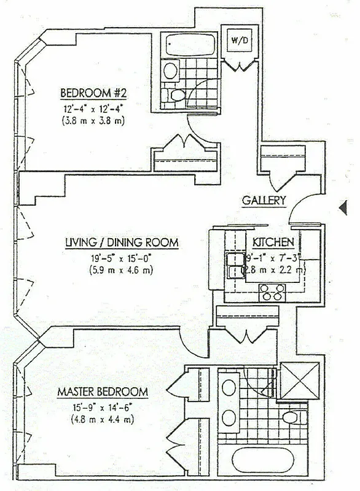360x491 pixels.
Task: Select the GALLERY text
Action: (264, 200)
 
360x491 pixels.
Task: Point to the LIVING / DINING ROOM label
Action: (122, 243)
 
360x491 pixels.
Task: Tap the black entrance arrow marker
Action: (343, 209)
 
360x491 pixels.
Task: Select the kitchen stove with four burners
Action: (273, 292)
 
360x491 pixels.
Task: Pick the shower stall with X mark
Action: (299, 380)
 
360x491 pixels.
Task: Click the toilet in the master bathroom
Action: (292, 419)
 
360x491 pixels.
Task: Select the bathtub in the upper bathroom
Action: (191, 45)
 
